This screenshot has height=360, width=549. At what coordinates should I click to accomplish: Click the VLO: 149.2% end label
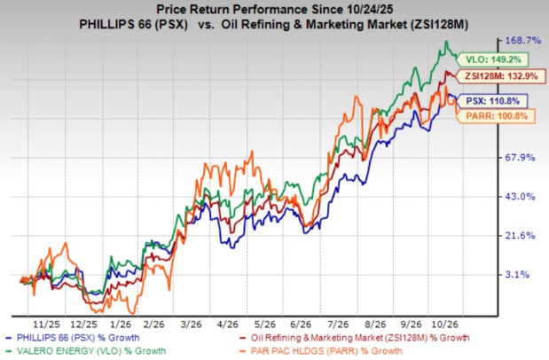pyautogui.click(x=492, y=59)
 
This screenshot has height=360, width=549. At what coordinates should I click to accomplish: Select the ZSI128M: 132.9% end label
pyautogui.click(x=501, y=76)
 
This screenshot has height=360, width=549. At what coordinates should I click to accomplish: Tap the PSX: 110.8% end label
pyautogui.click(x=492, y=101)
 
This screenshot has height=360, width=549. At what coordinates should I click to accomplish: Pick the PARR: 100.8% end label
pyautogui.click(x=496, y=116)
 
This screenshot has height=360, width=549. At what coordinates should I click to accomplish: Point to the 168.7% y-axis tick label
pyautogui.click(x=522, y=41)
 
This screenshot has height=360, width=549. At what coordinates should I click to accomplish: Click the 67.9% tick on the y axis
pyautogui.click(x=520, y=158)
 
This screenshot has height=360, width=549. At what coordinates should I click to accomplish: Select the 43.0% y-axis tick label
pyautogui.click(x=520, y=197)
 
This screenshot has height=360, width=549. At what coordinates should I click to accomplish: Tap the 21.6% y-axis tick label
pyautogui.click(x=520, y=235)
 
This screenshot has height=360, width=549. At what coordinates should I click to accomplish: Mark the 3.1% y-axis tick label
pyautogui.click(x=517, y=275)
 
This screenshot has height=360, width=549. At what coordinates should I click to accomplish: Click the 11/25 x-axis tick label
pyautogui.click(x=47, y=325)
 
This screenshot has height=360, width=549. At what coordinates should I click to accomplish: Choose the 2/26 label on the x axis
pyautogui.click(x=153, y=325)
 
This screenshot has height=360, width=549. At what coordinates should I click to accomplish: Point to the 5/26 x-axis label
pyautogui.click(x=264, y=325)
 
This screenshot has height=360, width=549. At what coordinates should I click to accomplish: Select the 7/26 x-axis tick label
pyautogui.click(x=338, y=325)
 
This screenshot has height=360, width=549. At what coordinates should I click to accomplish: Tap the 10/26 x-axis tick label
pyautogui.click(x=445, y=325)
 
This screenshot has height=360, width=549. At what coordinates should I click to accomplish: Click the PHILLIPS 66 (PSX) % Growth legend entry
pyautogui.click(x=73, y=338)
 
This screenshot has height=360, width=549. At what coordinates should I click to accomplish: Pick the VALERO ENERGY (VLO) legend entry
pyautogui.click(x=86, y=351)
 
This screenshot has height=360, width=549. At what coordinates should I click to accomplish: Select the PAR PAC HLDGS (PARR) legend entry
pyautogui.click(x=321, y=351)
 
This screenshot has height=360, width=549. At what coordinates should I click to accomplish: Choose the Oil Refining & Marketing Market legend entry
pyautogui.click(x=355, y=338)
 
